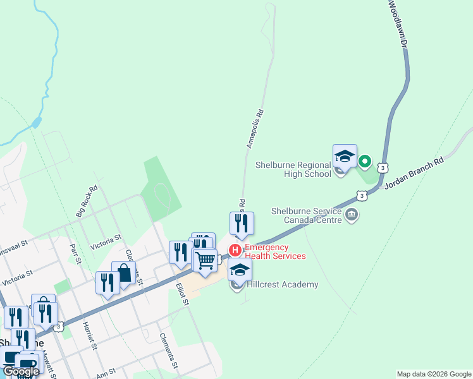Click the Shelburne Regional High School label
[293, 169]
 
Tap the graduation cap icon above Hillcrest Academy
[240, 270]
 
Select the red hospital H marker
[235, 250]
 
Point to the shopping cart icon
[205, 260]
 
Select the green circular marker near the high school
[364, 162]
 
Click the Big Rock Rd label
[87, 202]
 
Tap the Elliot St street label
[183, 293]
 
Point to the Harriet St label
[89, 335]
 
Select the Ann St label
[106, 373]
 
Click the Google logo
[21, 371]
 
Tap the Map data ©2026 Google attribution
[434, 374]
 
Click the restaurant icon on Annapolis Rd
[242, 223]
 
